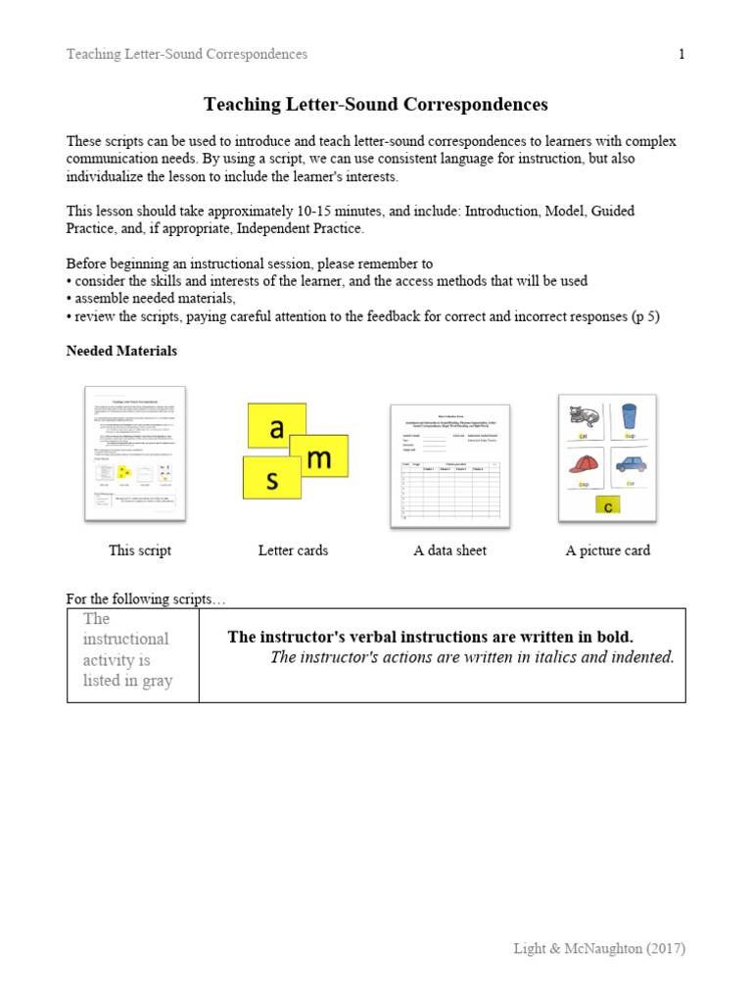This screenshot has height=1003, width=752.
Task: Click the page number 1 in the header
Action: click(x=681, y=54)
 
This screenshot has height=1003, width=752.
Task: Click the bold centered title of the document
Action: click(x=375, y=104)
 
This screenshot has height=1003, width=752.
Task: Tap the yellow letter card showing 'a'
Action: click(x=276, y=428)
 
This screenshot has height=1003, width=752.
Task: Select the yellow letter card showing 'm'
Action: click(x=320, y=457)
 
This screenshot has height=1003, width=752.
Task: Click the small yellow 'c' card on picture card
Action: click(x=607, y=506)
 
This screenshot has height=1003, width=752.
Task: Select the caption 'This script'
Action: click(x=140, y=550)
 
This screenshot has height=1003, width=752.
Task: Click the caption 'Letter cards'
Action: click(x=293, y=550)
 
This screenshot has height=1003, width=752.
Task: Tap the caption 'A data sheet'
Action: click(x=449, y=550)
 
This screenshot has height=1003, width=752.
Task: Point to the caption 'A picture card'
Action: click(x=607, y=550)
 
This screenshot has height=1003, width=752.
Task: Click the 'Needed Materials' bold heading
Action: click(x=121, y=351)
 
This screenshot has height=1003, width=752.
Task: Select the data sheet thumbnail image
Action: click(x=449, y=465)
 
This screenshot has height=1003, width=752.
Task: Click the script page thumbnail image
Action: click(x=135, y=454)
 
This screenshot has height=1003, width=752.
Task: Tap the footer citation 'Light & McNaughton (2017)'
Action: click(x=599, y=948)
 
